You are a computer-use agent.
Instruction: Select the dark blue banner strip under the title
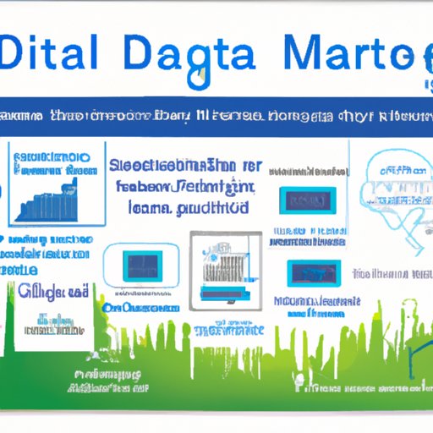click(x=216, y=117)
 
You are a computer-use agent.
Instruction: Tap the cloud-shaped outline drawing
click(x=391, y=185)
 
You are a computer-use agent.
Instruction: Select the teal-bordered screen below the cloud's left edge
click(x=313, y=272)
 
